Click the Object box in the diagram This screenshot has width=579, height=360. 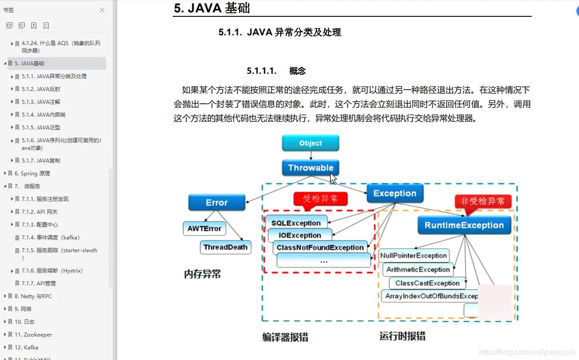pos(310,143)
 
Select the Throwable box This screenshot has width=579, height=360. pos(310,168)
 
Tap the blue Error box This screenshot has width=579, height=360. pos(217,203)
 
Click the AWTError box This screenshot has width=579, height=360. pos(204,228)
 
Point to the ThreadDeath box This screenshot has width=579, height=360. pos(225,247)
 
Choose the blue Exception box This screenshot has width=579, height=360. pos(395,193)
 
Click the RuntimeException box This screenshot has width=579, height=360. pos(464,225)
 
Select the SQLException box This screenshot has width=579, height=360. pos(296,223)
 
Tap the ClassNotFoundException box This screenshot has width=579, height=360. pos(320,247)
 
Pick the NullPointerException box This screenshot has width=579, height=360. pos(414,255)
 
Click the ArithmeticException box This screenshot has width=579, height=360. pos(418,269)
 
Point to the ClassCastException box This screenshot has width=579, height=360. pos(427,283)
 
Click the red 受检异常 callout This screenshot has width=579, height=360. pos(320,199)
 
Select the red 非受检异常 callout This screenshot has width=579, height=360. pos(483,201)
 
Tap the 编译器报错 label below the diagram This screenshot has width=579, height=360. pos(285,337)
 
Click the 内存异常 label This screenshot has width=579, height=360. pos(202,274)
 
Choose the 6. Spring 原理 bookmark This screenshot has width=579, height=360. pos(32,173)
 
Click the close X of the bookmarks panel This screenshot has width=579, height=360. pos(102,10)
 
